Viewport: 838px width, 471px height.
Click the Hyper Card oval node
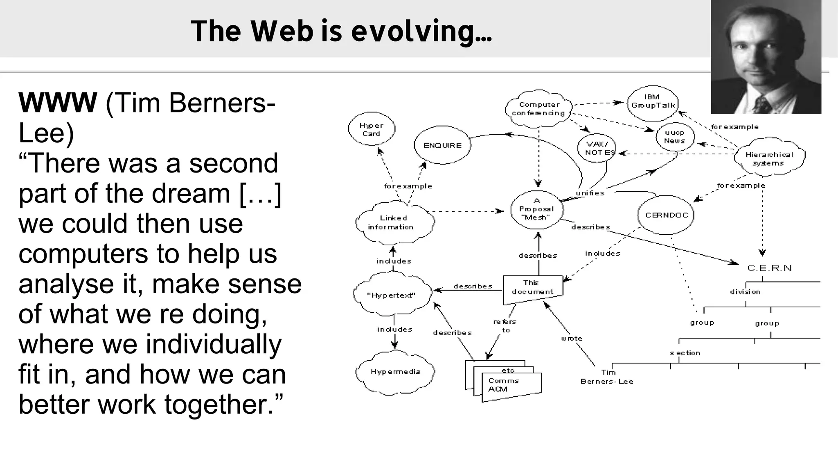coord(372,129)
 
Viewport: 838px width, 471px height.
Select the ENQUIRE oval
coord(442,145)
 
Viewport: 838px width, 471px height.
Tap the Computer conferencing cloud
coord(538,109)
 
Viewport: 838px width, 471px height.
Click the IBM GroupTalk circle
coord(653,102)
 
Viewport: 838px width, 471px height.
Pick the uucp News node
coord(675,137)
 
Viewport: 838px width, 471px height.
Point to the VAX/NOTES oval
coord(598,148)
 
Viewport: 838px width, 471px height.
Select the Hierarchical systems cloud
coord(769,158)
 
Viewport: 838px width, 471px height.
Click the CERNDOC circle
coord(666,215)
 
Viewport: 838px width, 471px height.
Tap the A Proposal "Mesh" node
coord(536,209)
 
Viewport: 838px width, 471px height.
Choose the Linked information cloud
coord(393,222)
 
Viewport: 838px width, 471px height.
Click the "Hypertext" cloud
coord(392,295)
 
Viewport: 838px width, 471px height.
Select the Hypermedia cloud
coord(395,372)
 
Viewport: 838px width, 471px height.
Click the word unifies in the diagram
coord(590,193)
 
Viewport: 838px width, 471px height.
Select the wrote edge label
coord(572,339)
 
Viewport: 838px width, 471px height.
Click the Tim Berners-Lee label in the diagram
coord(607,377)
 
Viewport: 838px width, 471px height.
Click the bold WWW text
coord(58,103)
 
